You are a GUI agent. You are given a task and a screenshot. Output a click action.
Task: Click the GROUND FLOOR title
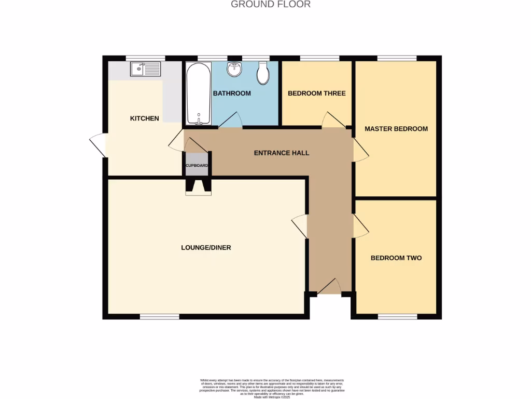(270, 5)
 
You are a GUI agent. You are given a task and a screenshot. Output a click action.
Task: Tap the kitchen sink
(146, 69)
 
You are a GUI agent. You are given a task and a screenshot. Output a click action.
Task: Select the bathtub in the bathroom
(199, 94)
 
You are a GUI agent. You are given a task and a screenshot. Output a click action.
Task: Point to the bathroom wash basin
(234, 69)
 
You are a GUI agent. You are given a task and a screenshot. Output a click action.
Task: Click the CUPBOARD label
(197, 166)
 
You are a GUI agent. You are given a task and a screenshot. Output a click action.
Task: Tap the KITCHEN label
(144, 118)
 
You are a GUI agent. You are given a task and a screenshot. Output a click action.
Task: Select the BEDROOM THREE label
(316, 94)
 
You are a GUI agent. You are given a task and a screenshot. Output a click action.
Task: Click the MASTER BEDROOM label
(396, 128)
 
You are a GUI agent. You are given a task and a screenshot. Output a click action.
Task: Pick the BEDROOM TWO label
(396, 258)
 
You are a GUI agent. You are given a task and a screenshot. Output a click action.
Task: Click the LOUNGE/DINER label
(206, 247)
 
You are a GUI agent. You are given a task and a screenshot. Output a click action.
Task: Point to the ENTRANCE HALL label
(282, 153)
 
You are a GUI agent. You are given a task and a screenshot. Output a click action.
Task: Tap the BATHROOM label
(232, 94)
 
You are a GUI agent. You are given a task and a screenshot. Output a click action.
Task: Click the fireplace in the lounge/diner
(199, 187)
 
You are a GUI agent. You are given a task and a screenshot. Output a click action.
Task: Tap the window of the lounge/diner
(159, 316)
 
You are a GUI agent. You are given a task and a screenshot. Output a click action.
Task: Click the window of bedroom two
(397, 316)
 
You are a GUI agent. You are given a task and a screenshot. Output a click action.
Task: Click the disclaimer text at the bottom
(272, 388)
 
